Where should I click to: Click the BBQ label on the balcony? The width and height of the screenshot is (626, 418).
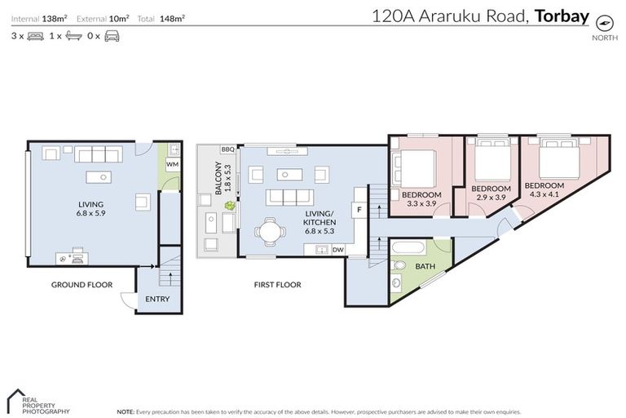point(227,149)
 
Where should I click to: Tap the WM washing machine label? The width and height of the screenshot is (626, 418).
point(172,164)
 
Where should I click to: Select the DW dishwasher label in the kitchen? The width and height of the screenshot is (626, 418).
point(337,249)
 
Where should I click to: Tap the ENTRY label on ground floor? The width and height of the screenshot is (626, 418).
point(157,299)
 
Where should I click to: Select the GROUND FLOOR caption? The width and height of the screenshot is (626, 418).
point(82,285)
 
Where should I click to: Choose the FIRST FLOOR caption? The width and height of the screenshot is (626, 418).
point(277,285)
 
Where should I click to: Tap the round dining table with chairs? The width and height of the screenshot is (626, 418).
point(269,233)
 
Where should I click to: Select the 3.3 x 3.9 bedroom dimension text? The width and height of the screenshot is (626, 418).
point(421,204)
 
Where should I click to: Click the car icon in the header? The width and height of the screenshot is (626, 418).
point(112,37)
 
